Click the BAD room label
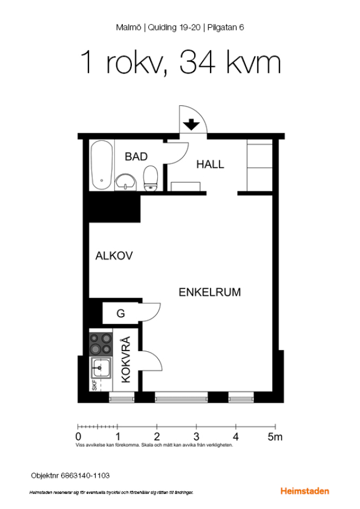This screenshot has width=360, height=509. tap(136, 157)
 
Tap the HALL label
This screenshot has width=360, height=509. tap(210, 165)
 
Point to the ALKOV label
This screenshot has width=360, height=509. tap(114, 256)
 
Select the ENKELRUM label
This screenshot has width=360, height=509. tap(210, 292)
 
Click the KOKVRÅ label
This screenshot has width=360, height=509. tap(126, 359)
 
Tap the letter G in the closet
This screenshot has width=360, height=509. tap(121, 313)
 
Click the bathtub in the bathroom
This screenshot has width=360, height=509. tap(102, 165)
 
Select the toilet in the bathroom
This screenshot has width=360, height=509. tap(151, 179)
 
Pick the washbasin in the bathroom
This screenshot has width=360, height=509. tap(126, 182)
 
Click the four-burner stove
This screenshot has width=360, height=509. tap(101, 344)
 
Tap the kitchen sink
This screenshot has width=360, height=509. tap(101, 368)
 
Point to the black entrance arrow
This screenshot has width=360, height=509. tap(191, 124)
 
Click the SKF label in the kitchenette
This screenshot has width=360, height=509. tap(94, 385)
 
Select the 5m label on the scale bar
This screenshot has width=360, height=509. tap(275, 437)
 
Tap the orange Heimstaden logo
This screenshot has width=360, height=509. tap(305, 491)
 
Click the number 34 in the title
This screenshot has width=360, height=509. tap(197, 62)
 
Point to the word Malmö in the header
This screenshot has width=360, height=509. tap(128, 28)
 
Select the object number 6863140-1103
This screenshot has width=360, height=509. tap(85, 476)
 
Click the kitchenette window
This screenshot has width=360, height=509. tap(122, 398)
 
